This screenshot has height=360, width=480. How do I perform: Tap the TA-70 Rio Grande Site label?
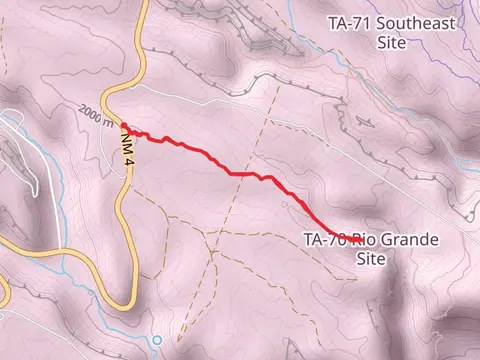point(369,248)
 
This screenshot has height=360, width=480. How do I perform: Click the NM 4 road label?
point(127,148)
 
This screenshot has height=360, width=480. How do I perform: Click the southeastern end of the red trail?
point(360,241)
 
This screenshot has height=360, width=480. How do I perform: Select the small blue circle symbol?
point(156,340)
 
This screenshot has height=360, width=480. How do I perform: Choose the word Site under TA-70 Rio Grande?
point(370,258)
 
